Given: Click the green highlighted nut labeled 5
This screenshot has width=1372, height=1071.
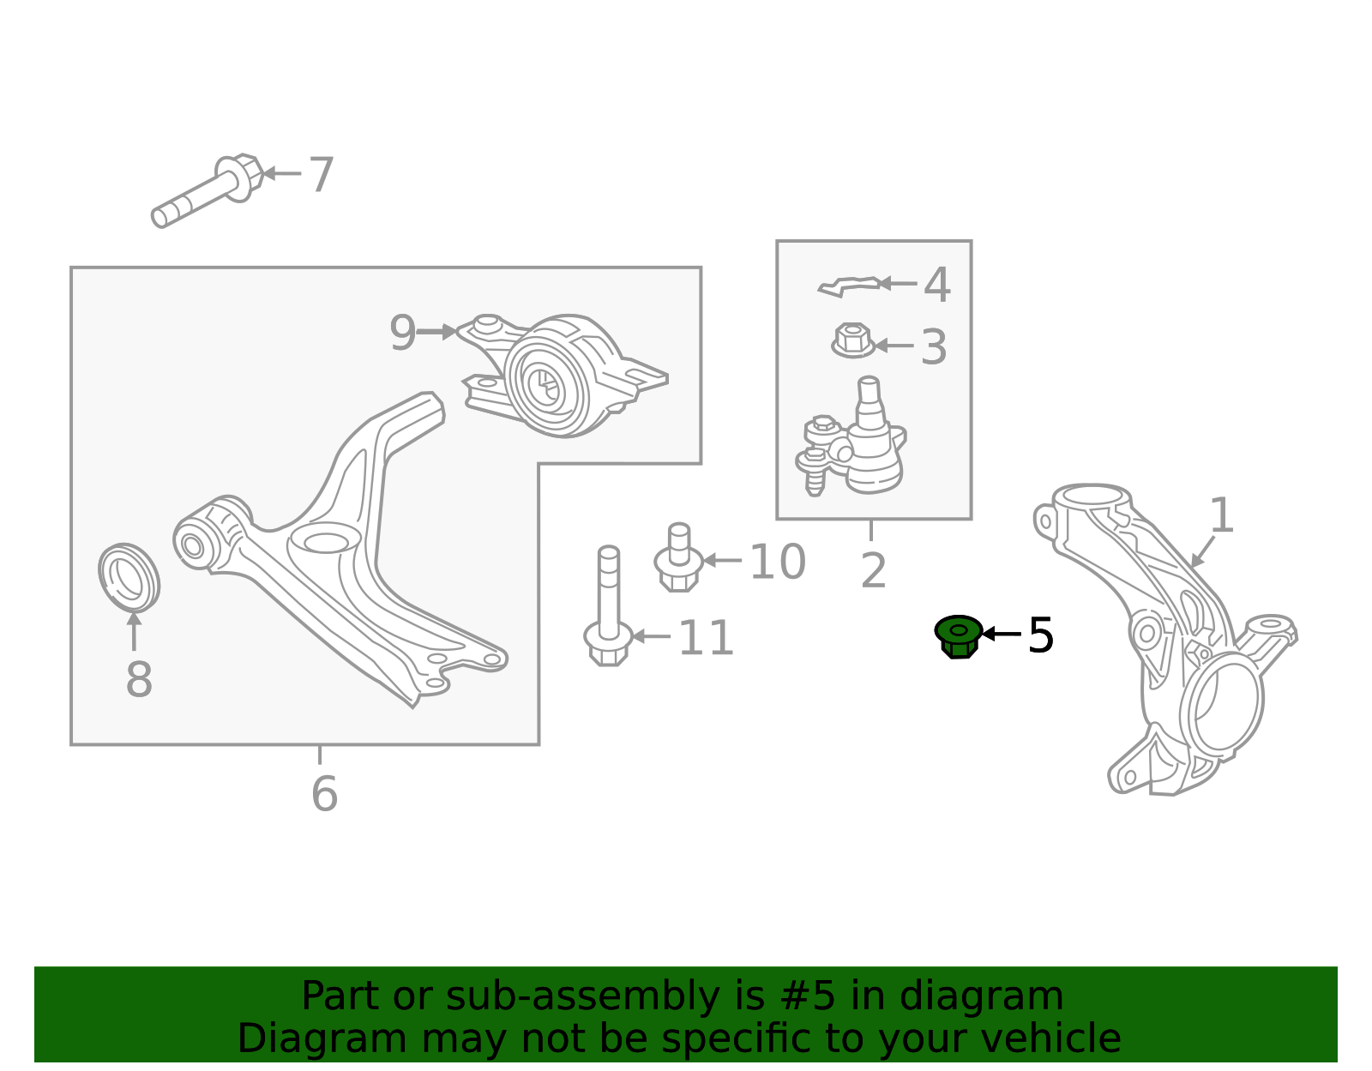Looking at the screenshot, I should click(959, 636).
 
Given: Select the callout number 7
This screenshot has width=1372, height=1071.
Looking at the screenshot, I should click(321, 175).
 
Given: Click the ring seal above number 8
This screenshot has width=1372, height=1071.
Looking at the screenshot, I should click(129, 577).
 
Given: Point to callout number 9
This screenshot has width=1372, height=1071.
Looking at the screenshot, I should click(402, 333).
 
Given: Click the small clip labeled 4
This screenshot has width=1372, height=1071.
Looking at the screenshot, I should click(849, 286).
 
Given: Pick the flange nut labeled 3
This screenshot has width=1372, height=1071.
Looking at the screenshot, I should click(852, 340).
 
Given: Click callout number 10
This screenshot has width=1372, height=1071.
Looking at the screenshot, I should click(777, 563).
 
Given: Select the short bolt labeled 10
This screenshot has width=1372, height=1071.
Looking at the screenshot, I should click(678, 559).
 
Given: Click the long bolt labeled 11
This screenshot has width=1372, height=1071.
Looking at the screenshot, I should click(608, 609).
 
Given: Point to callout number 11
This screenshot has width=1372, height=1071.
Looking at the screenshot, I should click(705, 639).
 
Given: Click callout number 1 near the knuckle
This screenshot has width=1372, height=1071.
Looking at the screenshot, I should click(1221, 516).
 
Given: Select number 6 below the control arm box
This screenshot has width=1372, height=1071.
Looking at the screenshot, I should click(324, 794).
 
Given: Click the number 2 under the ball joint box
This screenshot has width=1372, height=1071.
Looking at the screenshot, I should click(873, 571).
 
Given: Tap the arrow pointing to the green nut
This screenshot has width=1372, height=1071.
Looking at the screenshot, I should click(1001, 634).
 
